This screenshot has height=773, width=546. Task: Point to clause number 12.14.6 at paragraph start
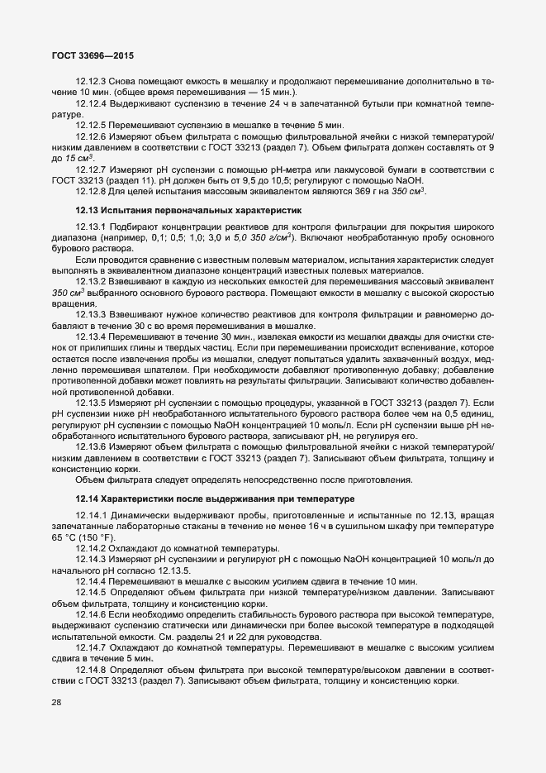(x=89, y=617)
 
